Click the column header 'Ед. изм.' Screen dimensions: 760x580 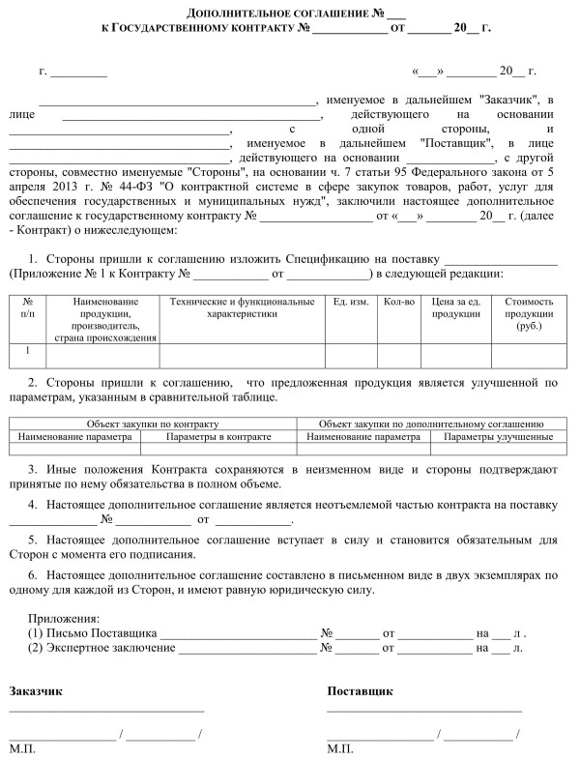pyautogui.click(x=350, y=303)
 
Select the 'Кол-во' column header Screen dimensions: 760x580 pyautogui.click(x=399, y=303)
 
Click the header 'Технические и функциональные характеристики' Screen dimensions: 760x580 pyautogui.click(x=242, y=308)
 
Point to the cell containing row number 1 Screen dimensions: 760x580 pyautogui.click(x=27, y=351)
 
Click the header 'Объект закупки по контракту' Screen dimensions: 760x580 pyautogui.click(x=153, y=424)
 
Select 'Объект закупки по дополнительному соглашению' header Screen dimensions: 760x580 pyautogui.click(x=431, y=424)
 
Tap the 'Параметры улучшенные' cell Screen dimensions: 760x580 pyautogui.click(x=499, y=437)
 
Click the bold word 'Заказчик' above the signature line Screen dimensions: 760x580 pyautogui.click(x=36, y=691)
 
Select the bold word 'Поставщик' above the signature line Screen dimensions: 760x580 pyautogui.click(x=361, y=691)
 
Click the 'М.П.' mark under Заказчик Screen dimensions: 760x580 pyautogui.click(x=23, y=749)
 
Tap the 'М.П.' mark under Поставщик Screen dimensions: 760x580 pyautogui.click(x=340, y=749)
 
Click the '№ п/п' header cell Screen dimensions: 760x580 pyautogui.click(x=27, y=308)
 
